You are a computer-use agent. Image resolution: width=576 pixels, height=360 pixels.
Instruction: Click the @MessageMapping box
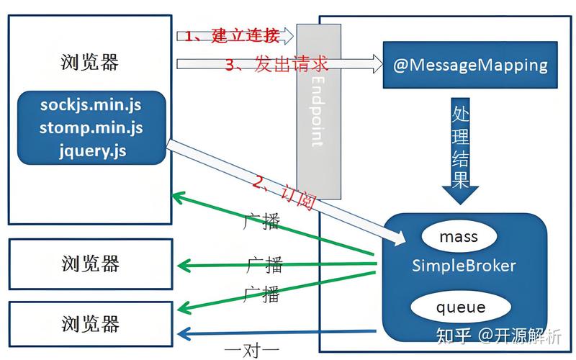470,66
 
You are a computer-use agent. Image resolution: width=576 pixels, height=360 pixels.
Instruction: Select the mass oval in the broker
458,237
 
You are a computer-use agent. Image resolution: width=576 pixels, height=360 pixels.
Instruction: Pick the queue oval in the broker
460,308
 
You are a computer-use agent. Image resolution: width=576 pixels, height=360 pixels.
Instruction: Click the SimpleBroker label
464,266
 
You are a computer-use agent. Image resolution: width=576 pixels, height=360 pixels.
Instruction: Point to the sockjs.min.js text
91,105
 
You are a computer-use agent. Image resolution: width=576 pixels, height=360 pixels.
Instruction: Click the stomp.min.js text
91,128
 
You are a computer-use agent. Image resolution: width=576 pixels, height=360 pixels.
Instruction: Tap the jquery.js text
93,151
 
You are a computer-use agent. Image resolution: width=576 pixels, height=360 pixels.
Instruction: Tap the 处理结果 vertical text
461,148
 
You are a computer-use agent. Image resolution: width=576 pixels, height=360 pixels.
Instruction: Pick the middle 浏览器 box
91,264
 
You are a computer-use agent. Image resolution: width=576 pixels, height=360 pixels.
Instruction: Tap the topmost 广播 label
262,222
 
